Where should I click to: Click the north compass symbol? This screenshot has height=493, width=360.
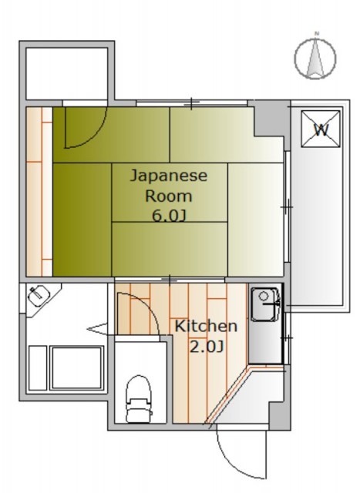[x=316, y=59]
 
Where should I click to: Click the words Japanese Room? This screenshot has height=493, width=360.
[x=167, y=185]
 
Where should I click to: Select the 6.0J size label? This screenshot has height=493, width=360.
[x=168, y=216]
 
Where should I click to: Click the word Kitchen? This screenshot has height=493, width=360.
[x=206, y=327]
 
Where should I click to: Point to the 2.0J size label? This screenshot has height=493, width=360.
[x=207, y=346]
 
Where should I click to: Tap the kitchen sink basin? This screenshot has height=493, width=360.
[x=264, y=297]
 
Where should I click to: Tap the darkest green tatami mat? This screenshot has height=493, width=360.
[x=81, y=220]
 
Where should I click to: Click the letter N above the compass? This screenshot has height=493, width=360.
[x=316, y=33]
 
